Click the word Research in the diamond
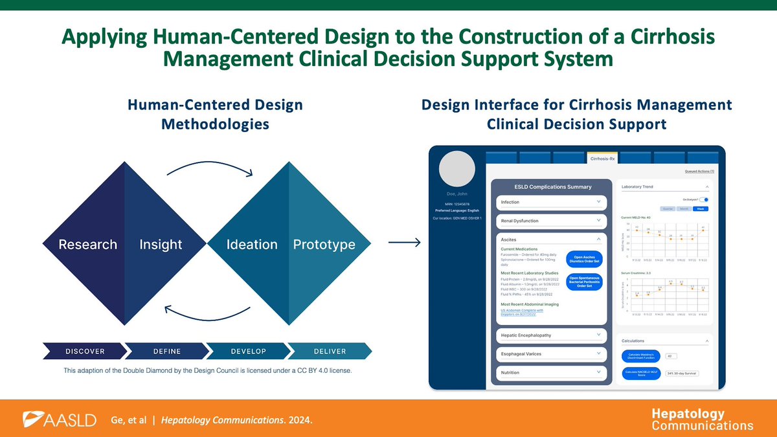pos(87,244)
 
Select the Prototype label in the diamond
pos(324,244)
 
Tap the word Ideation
pos(252,244)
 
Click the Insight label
pos(161,244)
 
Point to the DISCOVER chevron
pos(84,352)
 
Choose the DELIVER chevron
pos(330,352)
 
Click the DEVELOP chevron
pos(248,352)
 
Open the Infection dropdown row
pos(552,202)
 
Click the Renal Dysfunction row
pos(552,221)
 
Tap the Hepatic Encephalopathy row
pos(552,335)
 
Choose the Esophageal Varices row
pos(552,354)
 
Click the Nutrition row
pos(552,373)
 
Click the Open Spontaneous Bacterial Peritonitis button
pos(583,282)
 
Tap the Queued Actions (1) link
pos(699,172)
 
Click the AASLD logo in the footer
pos(59,420)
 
